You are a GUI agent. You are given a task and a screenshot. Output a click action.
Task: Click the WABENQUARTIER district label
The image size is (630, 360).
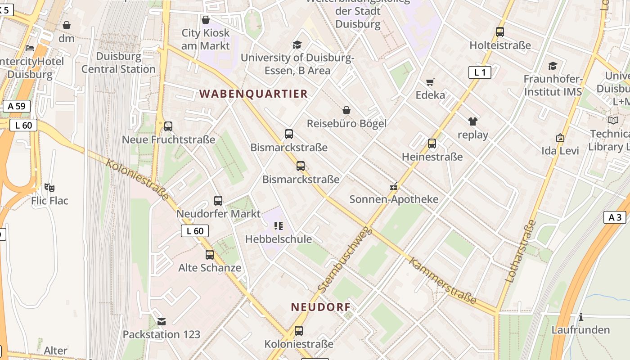(x=253, y=94)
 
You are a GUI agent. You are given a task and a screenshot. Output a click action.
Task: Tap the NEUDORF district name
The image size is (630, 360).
(x=320, y=307)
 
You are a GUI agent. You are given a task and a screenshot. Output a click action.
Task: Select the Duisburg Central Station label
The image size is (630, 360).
(x=118, y=63)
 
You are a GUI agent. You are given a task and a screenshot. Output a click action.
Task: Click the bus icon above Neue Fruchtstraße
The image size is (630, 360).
(x=168, y=126)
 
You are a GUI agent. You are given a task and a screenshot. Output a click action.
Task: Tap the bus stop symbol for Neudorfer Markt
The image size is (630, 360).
(x=218, y=201)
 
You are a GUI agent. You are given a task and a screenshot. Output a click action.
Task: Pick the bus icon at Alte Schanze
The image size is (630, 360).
(x=210, y=255)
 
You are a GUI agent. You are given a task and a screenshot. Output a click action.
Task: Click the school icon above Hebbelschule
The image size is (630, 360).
(x=279, y=226)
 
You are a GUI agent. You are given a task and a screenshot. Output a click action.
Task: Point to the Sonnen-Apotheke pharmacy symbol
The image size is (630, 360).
(x=394, y=186)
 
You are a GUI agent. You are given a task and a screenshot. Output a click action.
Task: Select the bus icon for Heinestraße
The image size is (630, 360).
(x=432, y=144)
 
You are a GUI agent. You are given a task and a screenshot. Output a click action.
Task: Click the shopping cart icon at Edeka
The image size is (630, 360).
(x=430, y=82)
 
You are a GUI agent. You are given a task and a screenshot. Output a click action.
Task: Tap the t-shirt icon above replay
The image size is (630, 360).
(x=472, y=121)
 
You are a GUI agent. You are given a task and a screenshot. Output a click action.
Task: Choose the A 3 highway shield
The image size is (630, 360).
(x=615, y=217)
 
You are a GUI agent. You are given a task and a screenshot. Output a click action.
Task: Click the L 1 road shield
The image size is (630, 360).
(x=480, y=72)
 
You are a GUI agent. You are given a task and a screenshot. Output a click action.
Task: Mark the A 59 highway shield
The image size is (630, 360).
(x=17, y=106)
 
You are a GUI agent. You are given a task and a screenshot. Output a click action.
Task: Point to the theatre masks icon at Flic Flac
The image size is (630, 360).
(x=49, y=187)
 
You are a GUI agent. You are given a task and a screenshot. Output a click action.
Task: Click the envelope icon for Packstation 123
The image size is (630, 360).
(x=162, y=321)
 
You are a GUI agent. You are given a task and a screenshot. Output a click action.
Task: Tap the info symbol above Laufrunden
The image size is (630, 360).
(x=581, y=317)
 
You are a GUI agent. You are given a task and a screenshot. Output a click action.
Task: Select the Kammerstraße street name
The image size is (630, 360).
(x=442, y=280)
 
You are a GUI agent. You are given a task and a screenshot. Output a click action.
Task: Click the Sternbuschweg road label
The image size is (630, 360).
(x=345, y=259)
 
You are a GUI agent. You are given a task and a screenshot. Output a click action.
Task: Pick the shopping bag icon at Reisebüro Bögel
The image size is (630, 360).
(x=346, y=110)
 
